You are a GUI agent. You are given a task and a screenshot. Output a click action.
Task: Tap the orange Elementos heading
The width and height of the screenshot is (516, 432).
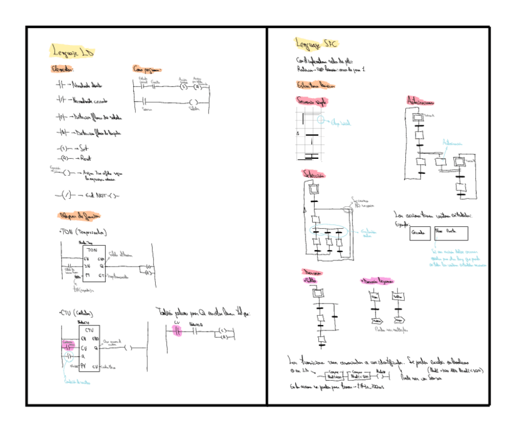pyautogui.click(x=63, y=69)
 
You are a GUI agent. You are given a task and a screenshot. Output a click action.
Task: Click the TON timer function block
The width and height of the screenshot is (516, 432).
pyautogui.click(x=92, y=263)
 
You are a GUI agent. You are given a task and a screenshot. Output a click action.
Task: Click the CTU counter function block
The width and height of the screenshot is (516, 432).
pyautogui.click(x=89, y=347)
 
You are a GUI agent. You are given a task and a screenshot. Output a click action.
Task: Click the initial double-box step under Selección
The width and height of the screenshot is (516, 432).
pyautogui.click(x=315, y=190)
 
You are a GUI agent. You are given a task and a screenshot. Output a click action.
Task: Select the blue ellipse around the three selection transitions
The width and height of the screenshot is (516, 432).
pyautogui.click(x=329, y=232)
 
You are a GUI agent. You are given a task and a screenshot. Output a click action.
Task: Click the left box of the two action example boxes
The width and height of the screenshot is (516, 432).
pyautogui.click(x=420, y=234)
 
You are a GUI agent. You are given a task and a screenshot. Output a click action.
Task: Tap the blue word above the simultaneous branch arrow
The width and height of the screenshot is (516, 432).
pyautogui.click(x=453, y=144)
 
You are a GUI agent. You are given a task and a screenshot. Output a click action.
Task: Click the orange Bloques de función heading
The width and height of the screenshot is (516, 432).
pyautogui.click(x=80, y=216)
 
